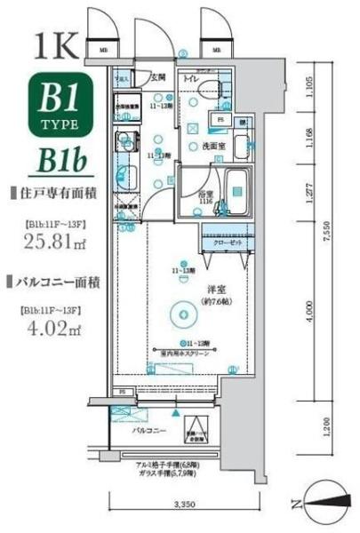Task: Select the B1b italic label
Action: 61,161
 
